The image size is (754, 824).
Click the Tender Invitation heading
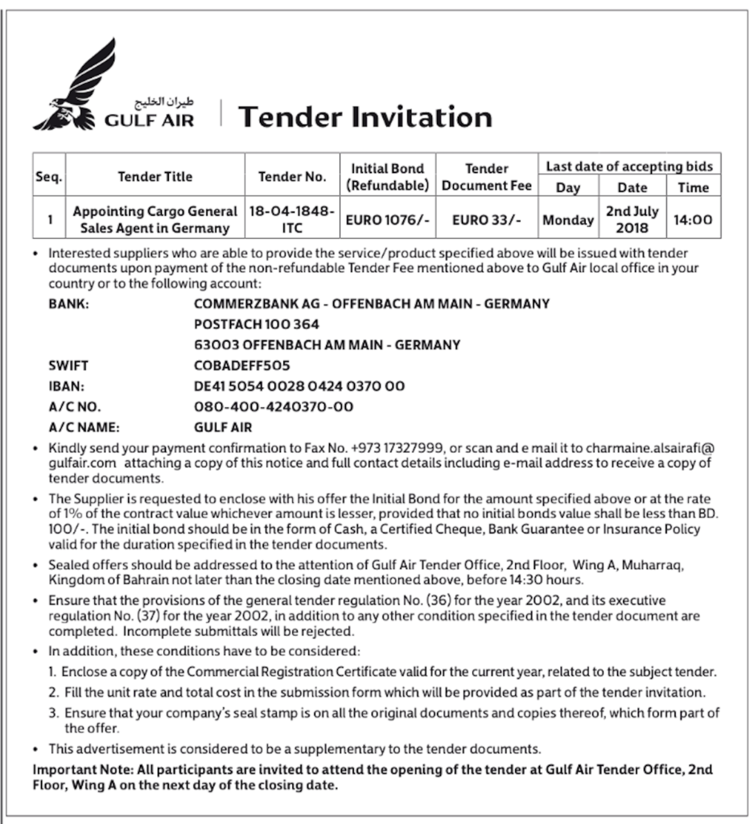click(365, 117)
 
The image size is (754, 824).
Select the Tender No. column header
click(292, 177)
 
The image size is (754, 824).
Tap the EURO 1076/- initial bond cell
click(388, 219)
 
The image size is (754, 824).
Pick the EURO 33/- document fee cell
click(486, 219)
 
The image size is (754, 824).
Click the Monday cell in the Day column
click(568, 220)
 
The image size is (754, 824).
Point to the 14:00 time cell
click(692, 219)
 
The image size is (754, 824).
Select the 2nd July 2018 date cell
click(632, 219)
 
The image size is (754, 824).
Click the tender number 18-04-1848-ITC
click(291, 219)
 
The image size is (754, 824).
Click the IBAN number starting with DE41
click(299, 386)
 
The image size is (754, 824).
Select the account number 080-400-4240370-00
click(274, 407)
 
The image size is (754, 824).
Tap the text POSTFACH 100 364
click(257, 324)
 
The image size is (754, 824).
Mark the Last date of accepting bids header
click(629, 166)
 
